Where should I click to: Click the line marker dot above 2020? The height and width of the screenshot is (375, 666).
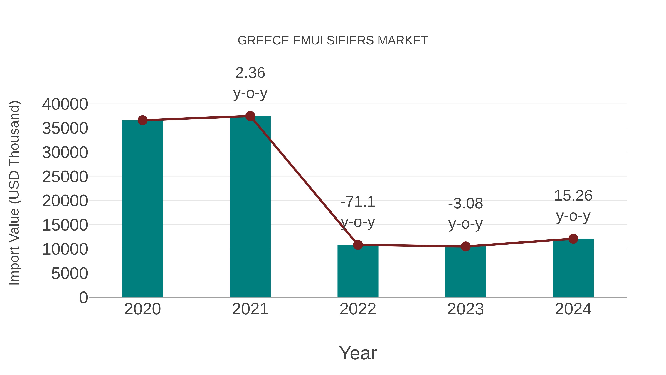click(x=142, y=120)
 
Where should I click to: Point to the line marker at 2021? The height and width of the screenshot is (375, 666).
click(x=250, y=116)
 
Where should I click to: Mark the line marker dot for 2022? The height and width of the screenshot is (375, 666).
click(x=358, y=245)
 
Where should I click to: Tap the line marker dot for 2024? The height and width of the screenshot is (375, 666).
click(x=573, y=239)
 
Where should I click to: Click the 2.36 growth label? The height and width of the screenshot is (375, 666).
click(x=250, y=73)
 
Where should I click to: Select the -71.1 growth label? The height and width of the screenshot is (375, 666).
click(x=358, y=202)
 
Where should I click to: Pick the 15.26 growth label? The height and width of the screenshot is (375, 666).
click(x=573, y=196)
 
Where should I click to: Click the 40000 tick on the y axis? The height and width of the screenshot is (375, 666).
click(x=65, y=104)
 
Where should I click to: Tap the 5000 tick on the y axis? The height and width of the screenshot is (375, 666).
click(x=70, y=274)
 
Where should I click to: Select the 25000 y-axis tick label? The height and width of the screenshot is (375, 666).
click(x=65, y=177)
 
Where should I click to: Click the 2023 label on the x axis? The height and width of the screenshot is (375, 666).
click(x=465, y=309)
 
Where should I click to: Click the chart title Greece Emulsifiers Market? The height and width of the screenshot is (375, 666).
click(x=333, y=41)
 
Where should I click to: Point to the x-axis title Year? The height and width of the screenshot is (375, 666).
click(x=358, y=353)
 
